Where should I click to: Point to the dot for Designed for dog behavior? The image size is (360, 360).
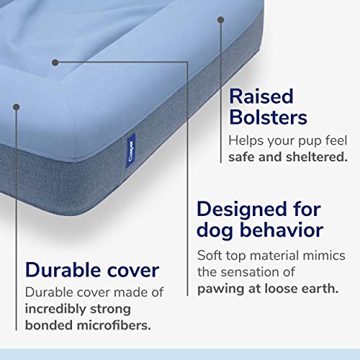coord(55,61)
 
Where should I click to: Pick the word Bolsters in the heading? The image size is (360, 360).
coord(269,117)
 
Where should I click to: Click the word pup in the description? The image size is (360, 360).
coord(314,139)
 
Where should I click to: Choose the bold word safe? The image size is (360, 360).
coord(246,156)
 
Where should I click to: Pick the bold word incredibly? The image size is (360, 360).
coord(61,310)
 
